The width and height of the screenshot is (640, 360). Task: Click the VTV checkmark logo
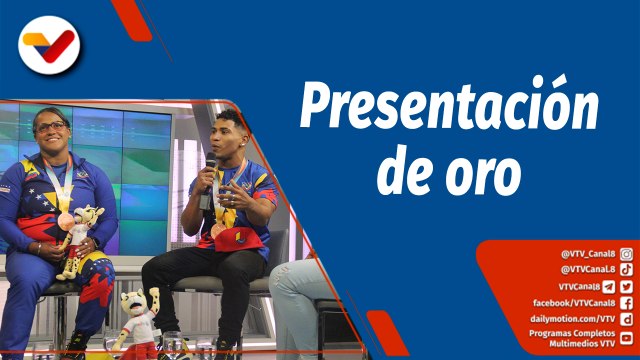coord(50,44)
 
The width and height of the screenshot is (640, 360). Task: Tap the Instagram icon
coord(626,254)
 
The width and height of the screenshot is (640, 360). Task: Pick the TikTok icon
coord(626,269)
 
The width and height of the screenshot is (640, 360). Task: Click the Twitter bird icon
coord(627,286)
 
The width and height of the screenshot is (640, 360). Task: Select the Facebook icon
coord(626,303)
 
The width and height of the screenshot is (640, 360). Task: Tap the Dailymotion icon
coord(626,319)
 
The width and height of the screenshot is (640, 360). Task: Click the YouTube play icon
coord(626,338)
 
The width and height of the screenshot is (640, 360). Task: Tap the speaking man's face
coord(229,137)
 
